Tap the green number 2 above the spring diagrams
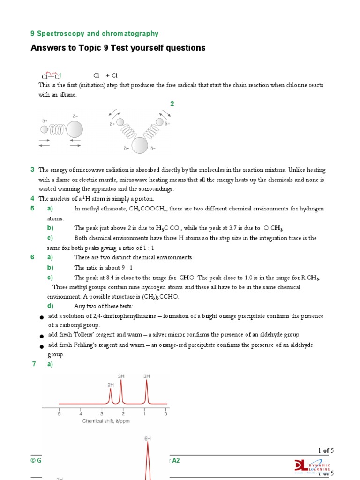click(172, 104)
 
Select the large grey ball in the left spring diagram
click(75, 129)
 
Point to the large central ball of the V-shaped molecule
click(139, 146)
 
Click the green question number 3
click(32, 170)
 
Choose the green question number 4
click(32, 199)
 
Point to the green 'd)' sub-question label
click(50, 306)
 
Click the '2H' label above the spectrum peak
click(111, 385)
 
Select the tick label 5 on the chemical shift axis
click(59, 414)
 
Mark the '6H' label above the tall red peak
click(148, 438)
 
